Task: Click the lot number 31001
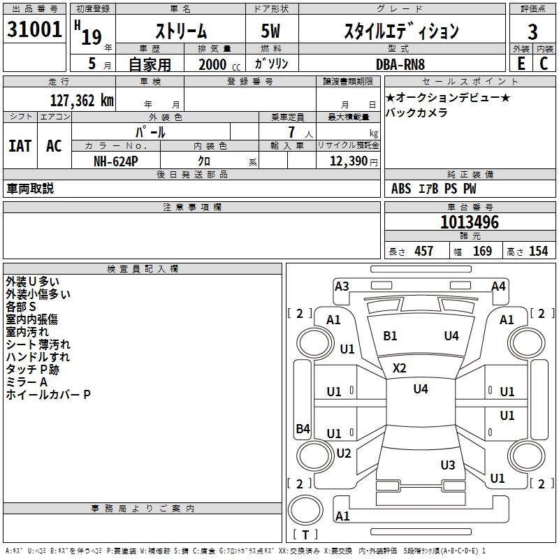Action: (x=34, y=29)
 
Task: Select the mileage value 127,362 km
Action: (x=82, y=101)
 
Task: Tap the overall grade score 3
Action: (x=532, y=32)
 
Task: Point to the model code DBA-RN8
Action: (x=400, y=64)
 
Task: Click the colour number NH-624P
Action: (x=116, y=161)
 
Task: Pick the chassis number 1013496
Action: (x=470, y=222)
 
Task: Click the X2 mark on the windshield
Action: (x=399, y=368)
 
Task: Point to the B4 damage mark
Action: (x=303, y=428)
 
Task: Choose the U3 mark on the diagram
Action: (x=448, y=465)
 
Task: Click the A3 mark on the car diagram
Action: (x=342, y=286)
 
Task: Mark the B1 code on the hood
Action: (x=390, y=336)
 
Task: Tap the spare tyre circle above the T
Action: (x=305, y=510)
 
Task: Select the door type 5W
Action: (x=270, y=31)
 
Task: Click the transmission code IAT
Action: (x=20, y=146)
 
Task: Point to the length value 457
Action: (x=424, y=252)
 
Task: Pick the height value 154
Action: (x=538, y=252)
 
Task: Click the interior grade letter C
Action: (x=544, y=64)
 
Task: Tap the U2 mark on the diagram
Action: (x=344, y=453)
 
